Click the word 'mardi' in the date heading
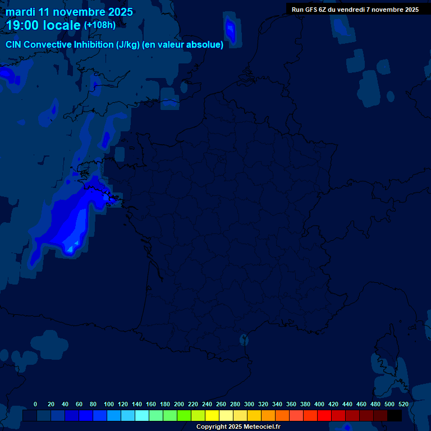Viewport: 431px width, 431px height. click(21, 12)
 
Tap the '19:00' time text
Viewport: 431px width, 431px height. click(23, 25)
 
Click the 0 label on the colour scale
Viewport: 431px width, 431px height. click(35, 404)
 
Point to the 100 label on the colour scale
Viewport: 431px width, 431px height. click(109, 404)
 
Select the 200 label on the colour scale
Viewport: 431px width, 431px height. click(179, 404)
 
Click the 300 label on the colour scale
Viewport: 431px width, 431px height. click(249, 404)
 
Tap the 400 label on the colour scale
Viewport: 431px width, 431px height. click(319, 404)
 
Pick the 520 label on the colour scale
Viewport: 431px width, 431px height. click(404, 404)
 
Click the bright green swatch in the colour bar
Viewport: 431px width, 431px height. click(184, 415)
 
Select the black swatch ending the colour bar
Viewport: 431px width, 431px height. click(395, 415)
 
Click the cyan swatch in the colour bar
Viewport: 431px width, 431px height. click(142, 415)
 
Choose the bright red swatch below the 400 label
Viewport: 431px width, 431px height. click(324, 415)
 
